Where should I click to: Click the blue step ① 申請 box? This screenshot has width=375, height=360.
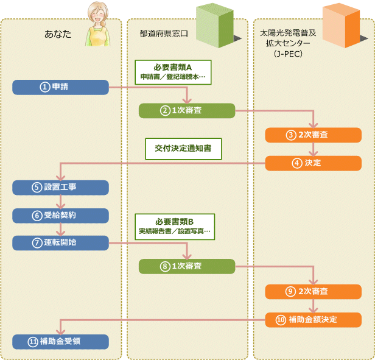coord(60,87)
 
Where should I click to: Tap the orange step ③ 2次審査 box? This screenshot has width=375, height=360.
coord(312,135)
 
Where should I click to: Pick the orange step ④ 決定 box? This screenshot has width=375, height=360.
coord(312,163)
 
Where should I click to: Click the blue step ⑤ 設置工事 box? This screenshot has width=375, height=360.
coord(60,187)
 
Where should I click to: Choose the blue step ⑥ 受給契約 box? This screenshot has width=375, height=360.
coord(60,216)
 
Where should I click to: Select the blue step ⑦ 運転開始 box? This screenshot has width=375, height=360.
coord(60,242)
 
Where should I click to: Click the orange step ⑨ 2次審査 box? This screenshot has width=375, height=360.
coord(312,291)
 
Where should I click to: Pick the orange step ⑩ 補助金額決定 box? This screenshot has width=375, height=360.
coord(312,319)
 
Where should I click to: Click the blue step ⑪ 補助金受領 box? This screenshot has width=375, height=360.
coord(60,342)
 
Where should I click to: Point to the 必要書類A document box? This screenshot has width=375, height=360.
coord(173,71)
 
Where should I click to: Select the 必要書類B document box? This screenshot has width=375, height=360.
coord(173,227)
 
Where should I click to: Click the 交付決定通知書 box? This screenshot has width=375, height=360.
coord(183,148)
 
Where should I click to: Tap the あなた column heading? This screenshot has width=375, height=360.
coord(58,34)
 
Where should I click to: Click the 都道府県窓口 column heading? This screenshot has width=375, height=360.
coord(159,34)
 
